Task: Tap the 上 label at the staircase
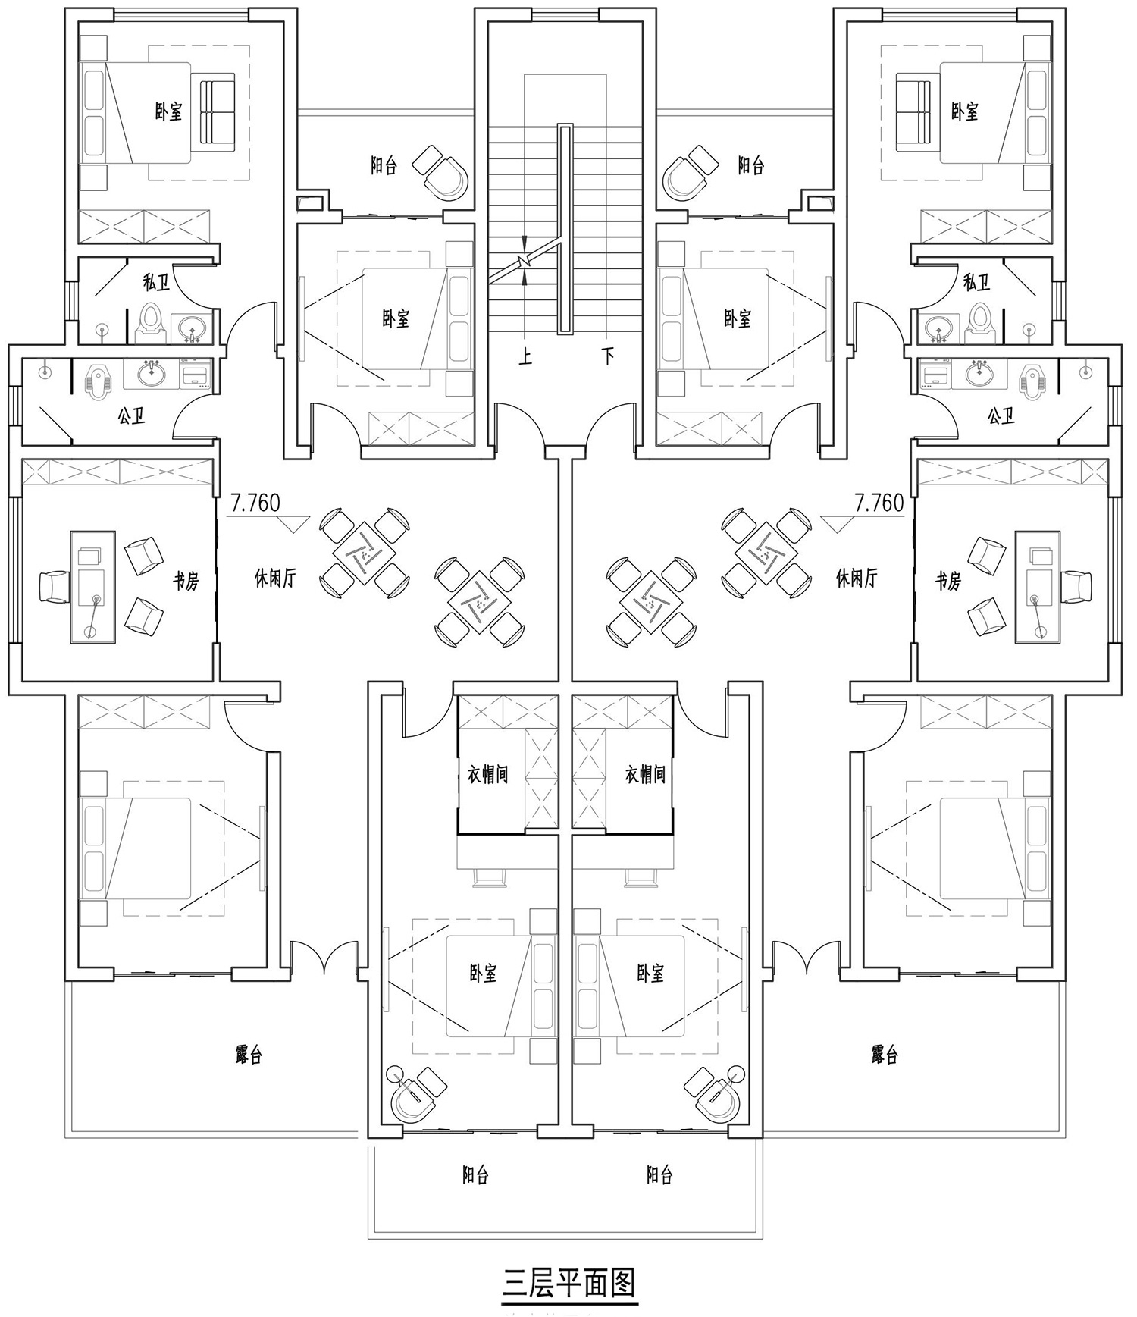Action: click(x=525, y=356)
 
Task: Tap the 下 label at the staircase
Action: click(x=608, y=356)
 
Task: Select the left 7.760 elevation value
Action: click(x=255, y=503)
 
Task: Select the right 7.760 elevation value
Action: click(x=879, y=503)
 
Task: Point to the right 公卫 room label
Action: click(x=1001, y=416)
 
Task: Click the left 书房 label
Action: click(x=186, y=582)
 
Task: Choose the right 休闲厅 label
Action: click(x=857, y=579)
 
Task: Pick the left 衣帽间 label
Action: click(x=487, y=774)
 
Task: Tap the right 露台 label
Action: click(x=885, y=1055)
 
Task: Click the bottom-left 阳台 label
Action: click(x=475, y=1176)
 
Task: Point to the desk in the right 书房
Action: click(x=1038, y=587)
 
